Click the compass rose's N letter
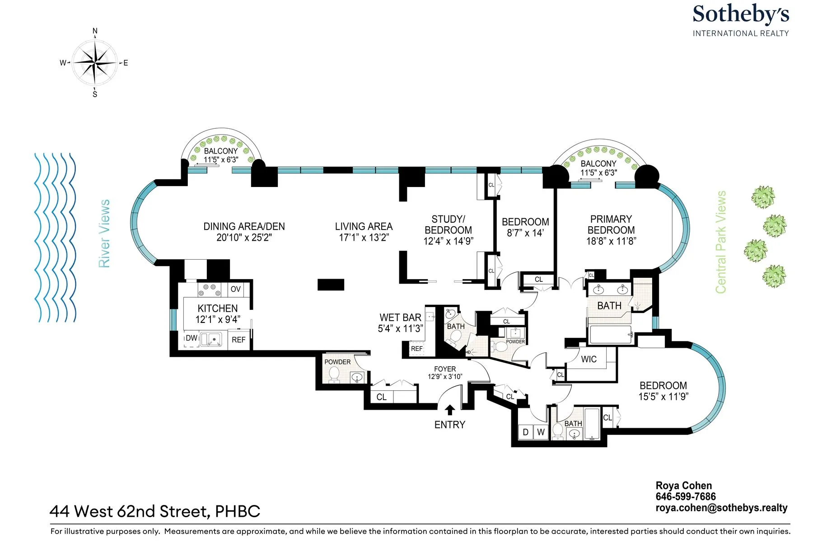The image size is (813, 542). click(95, 31)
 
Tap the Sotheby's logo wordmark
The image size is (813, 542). click(741, 14)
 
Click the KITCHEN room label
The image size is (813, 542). click(217, 308)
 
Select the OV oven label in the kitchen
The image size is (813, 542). click(235, 289)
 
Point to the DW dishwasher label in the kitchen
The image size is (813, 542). click(192, 338)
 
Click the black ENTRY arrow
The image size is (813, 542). click(449, 410)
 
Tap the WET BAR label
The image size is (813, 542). click(400, 318)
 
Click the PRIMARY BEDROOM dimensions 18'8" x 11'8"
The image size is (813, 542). click(611, 241)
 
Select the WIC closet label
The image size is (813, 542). click(589, 359)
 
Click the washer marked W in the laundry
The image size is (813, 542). click(541, 432)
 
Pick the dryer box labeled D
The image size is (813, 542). click(525, 432)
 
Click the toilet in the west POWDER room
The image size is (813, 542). click(334, 374)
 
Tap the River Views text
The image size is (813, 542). click(104, 234)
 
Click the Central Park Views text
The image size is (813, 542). click(721, 242)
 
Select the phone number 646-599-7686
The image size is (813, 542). click(685, 497)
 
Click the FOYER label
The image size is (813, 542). click(445, 369)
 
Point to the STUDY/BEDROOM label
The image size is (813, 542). click(448, 224)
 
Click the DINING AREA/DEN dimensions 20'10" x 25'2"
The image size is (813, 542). click(244, 238)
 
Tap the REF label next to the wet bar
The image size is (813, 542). click(416, 349)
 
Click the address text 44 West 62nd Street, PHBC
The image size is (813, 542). click(155, 511)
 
